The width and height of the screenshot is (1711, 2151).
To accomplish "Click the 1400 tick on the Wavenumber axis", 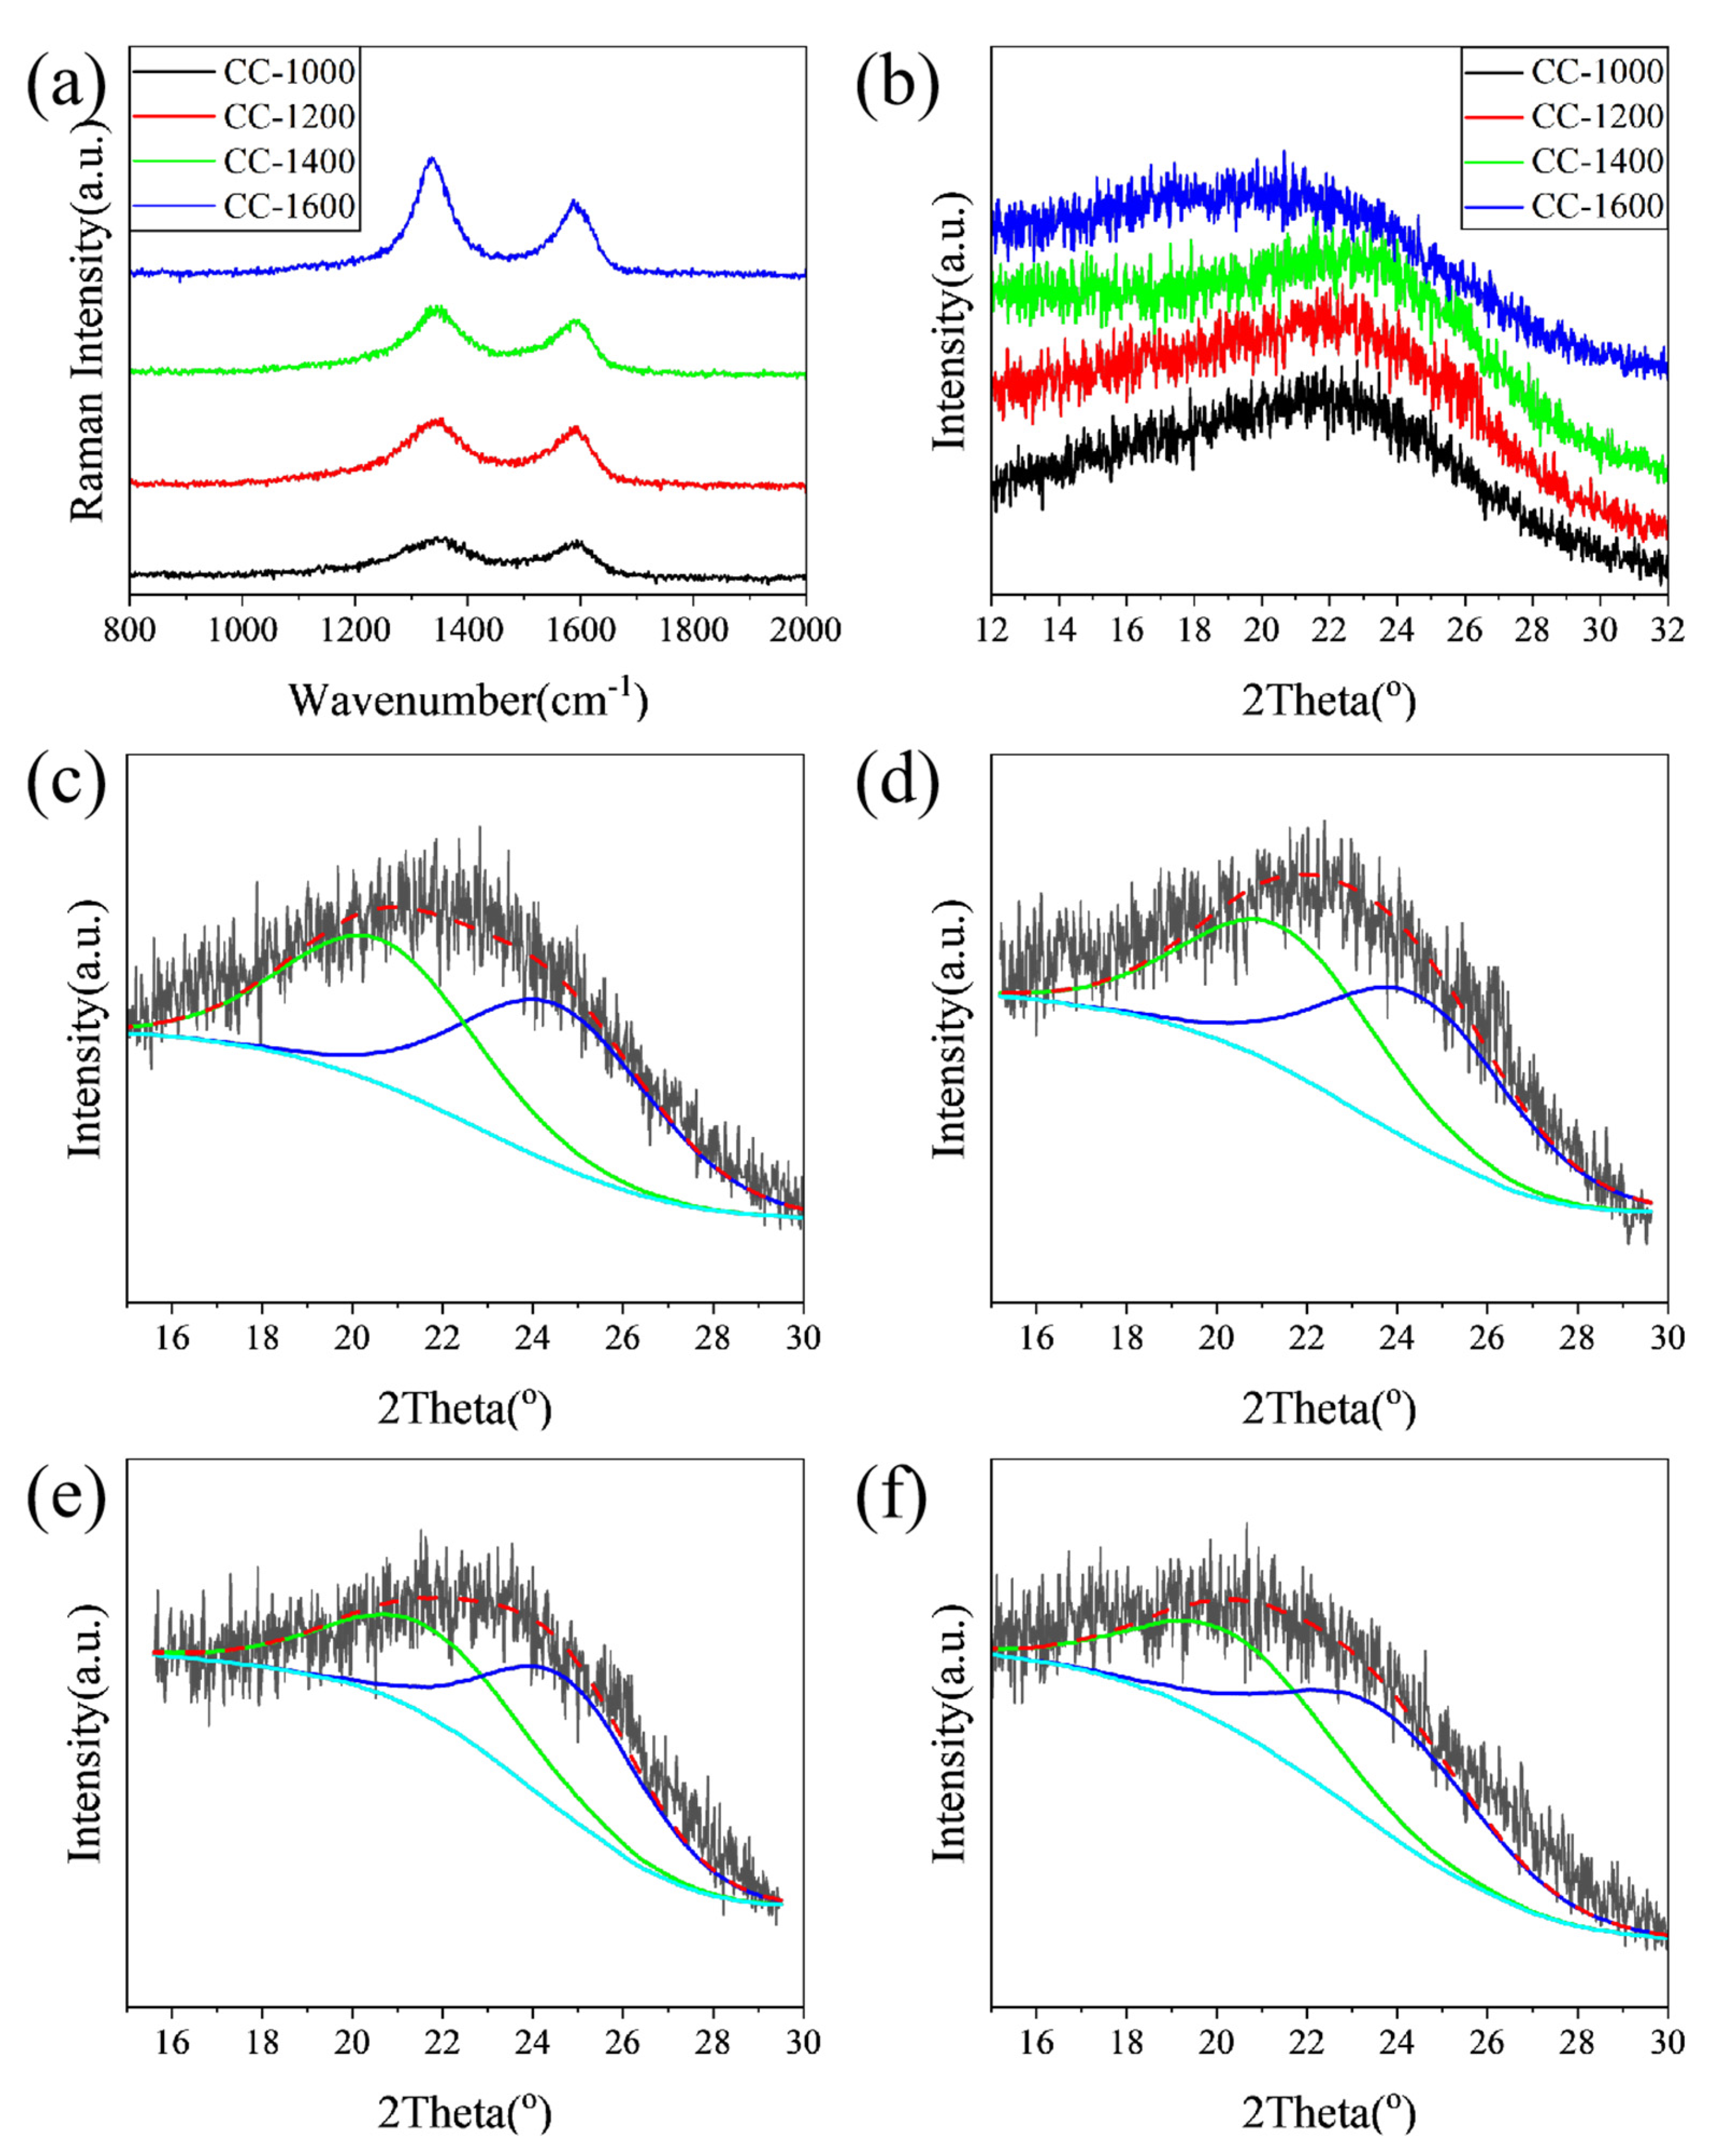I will [x=467, y=631].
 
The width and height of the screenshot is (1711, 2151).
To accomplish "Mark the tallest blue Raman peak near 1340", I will [x=431, y=160].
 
